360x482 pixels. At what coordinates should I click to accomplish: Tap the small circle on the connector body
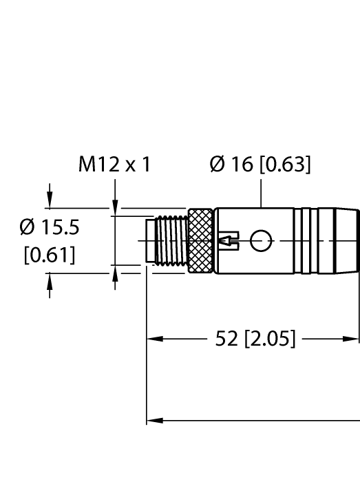click(261, 240)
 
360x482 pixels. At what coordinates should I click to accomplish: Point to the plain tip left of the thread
click(151, 240)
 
